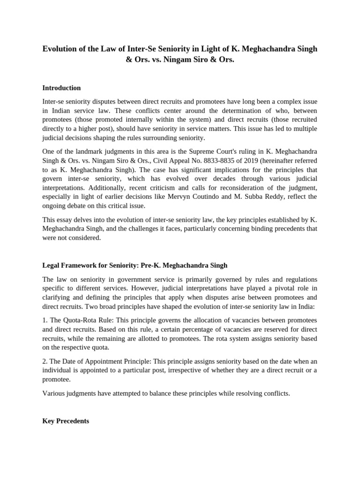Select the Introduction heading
(x=61, y=88)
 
